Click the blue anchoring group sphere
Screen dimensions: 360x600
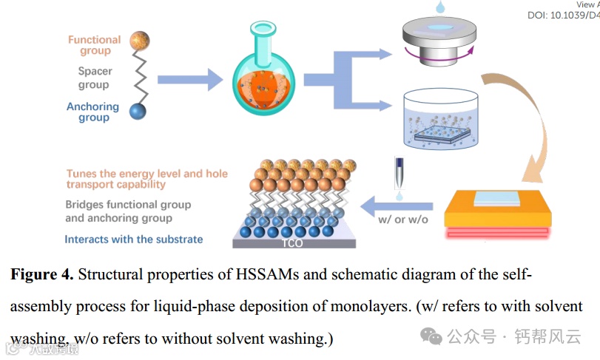pos(137,112)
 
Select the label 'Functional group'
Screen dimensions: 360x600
pos(95,45)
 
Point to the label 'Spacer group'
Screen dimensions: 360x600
pos(94,78)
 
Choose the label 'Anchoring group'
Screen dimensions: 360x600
pos(93,112)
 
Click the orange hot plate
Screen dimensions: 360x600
pos(498,210)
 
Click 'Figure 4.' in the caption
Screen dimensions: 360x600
pos(42,275)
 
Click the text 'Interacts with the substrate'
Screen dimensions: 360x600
pos(134,240)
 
